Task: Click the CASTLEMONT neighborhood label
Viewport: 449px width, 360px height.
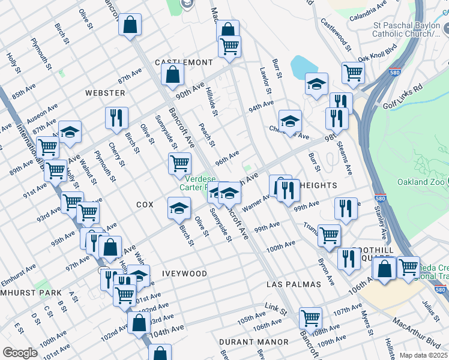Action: [x=184, y=62]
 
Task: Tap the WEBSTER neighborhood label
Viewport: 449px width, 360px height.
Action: [x=105, y=93]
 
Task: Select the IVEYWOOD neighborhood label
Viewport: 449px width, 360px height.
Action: [x=184, y=273]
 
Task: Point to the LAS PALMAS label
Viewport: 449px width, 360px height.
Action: [x=294, y=283]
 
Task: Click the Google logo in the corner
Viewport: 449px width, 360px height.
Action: [x=20, y=352]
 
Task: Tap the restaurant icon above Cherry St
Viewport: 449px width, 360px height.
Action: [x=116, y=118]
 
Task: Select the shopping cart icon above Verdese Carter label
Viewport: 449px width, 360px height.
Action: [x=179, y=163]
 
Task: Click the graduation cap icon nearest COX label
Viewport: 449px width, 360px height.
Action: [x=178, y=208]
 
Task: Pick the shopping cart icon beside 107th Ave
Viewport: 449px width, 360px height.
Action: [x=310, y=317]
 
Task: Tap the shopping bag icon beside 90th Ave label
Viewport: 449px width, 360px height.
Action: [x=172, y=75]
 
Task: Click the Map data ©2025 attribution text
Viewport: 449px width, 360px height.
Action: [x=424, y=355]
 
